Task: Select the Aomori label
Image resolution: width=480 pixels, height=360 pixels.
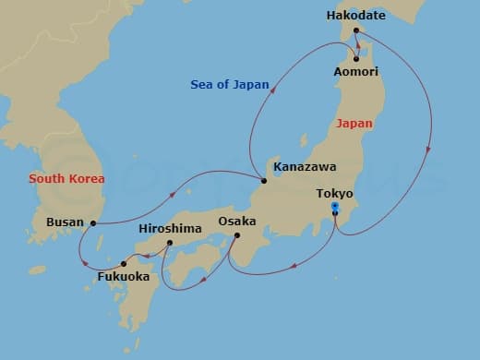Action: pos(380,71)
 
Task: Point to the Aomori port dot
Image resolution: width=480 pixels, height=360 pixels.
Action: pos(355,59)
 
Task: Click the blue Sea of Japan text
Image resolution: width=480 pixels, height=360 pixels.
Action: pos(230,85)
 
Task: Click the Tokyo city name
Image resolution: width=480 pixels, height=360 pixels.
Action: pos(334,194)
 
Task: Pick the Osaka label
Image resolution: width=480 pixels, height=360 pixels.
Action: pos(237,222)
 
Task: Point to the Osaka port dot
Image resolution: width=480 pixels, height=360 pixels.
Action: pos(235,235)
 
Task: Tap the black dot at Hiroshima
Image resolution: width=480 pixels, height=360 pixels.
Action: pos(170,243)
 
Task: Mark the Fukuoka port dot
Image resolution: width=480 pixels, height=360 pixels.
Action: pos(124,263)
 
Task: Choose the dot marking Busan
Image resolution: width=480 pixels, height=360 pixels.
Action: pos(93,222)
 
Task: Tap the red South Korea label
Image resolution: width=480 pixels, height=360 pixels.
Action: pos(66,178)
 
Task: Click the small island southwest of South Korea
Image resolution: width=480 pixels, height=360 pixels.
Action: pos(37,270)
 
